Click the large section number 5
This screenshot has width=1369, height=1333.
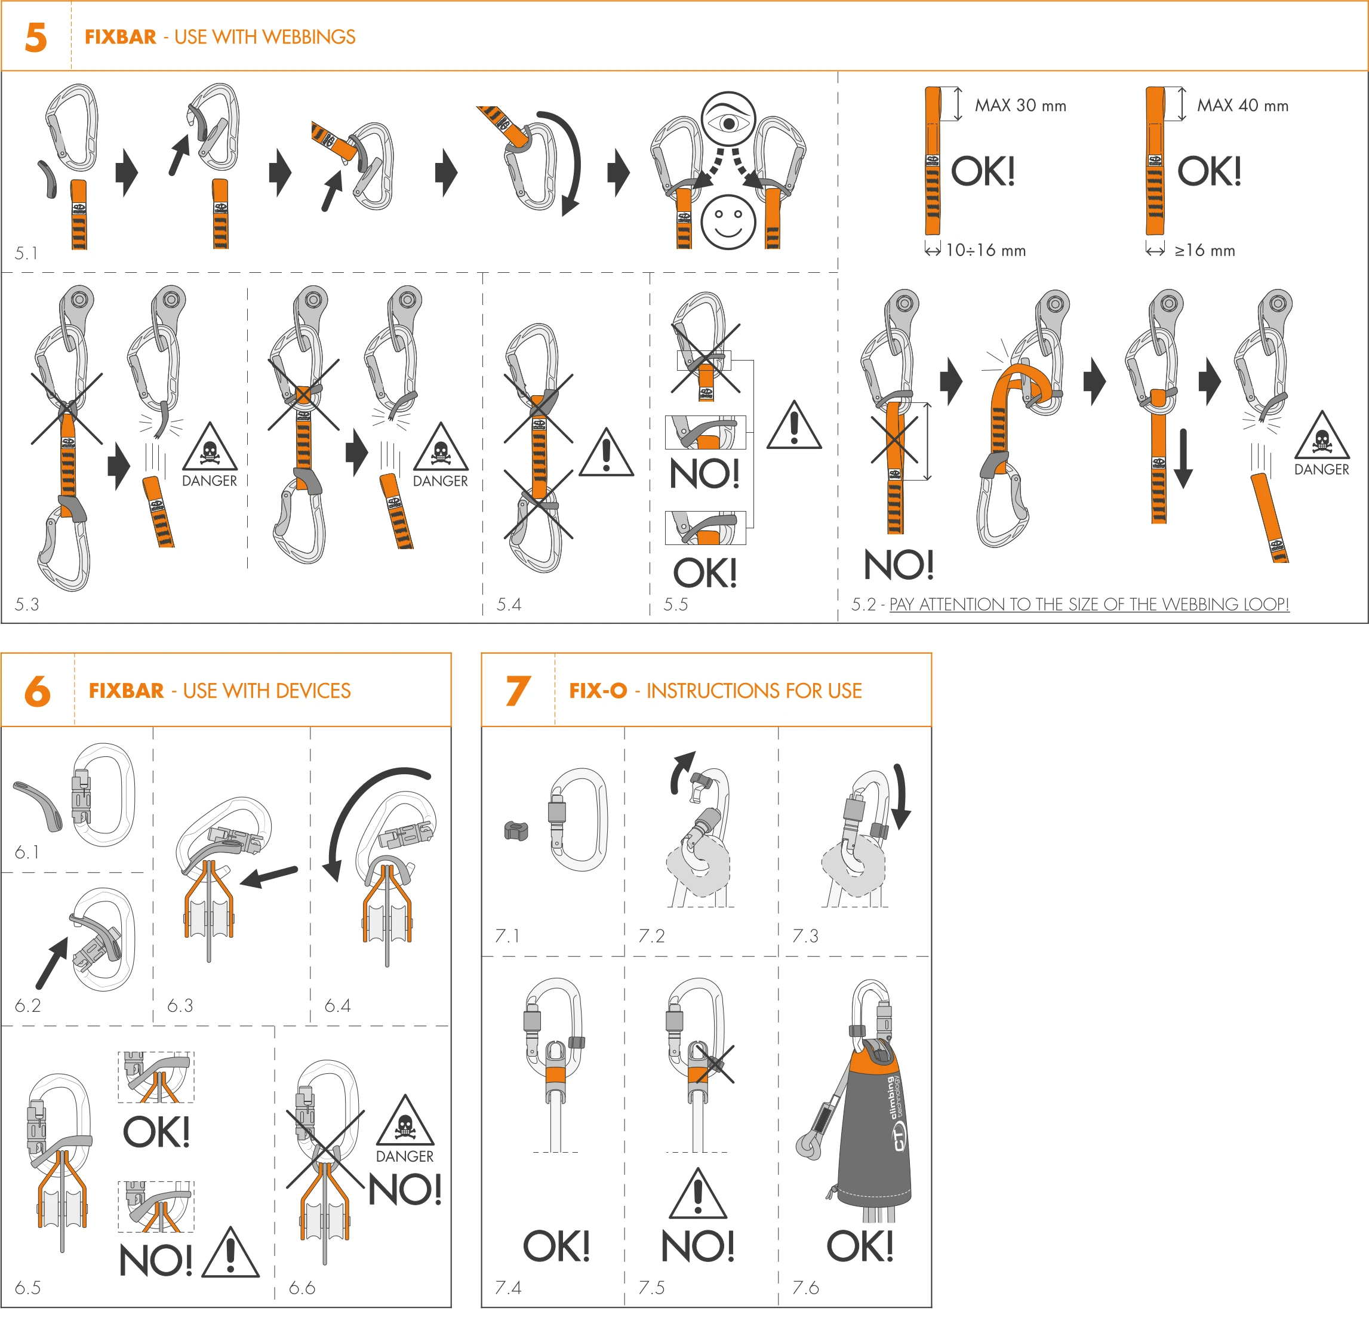coord(36,37)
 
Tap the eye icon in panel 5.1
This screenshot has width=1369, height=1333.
coord(728,120)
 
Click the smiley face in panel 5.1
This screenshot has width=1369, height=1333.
coord(728,222)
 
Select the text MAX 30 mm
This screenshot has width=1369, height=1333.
coord(1020,106)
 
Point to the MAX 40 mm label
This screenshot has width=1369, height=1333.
coord(1242,106)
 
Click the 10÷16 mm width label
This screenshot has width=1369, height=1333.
coord(985,251)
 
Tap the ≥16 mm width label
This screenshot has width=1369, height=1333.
coord(1204,251)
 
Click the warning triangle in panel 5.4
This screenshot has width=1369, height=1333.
coord(607,453)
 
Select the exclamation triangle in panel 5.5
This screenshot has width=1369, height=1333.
coord(793,426)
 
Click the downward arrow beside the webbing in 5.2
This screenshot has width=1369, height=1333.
coord(1183,458)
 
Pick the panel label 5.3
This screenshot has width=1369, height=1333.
coord(27,604)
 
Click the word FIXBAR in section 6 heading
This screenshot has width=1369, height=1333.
coord(126,691)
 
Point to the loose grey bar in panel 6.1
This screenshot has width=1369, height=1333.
coord(39,805)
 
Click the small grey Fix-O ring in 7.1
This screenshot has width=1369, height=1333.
coord(516,831)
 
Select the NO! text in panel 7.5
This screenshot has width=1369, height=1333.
coord(697,1246)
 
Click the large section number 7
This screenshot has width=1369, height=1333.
coord(518,691)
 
